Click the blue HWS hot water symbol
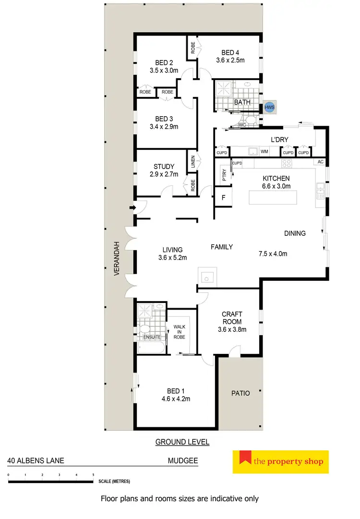tap(269, 108)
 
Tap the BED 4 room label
tap(230, 53)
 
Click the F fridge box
tap(223, 197)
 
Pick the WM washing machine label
tap(264, 152)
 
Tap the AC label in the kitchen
tap(320, 162)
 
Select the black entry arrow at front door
tap(132, 208)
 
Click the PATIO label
tap(240, 393)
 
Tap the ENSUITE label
tap(152, 337)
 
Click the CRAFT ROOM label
tap(232, 318)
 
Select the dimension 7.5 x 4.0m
tap(273, 253)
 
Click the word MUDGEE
tap(182, 460)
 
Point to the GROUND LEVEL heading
tap(182, 442)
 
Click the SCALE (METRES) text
tap(114, 481)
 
